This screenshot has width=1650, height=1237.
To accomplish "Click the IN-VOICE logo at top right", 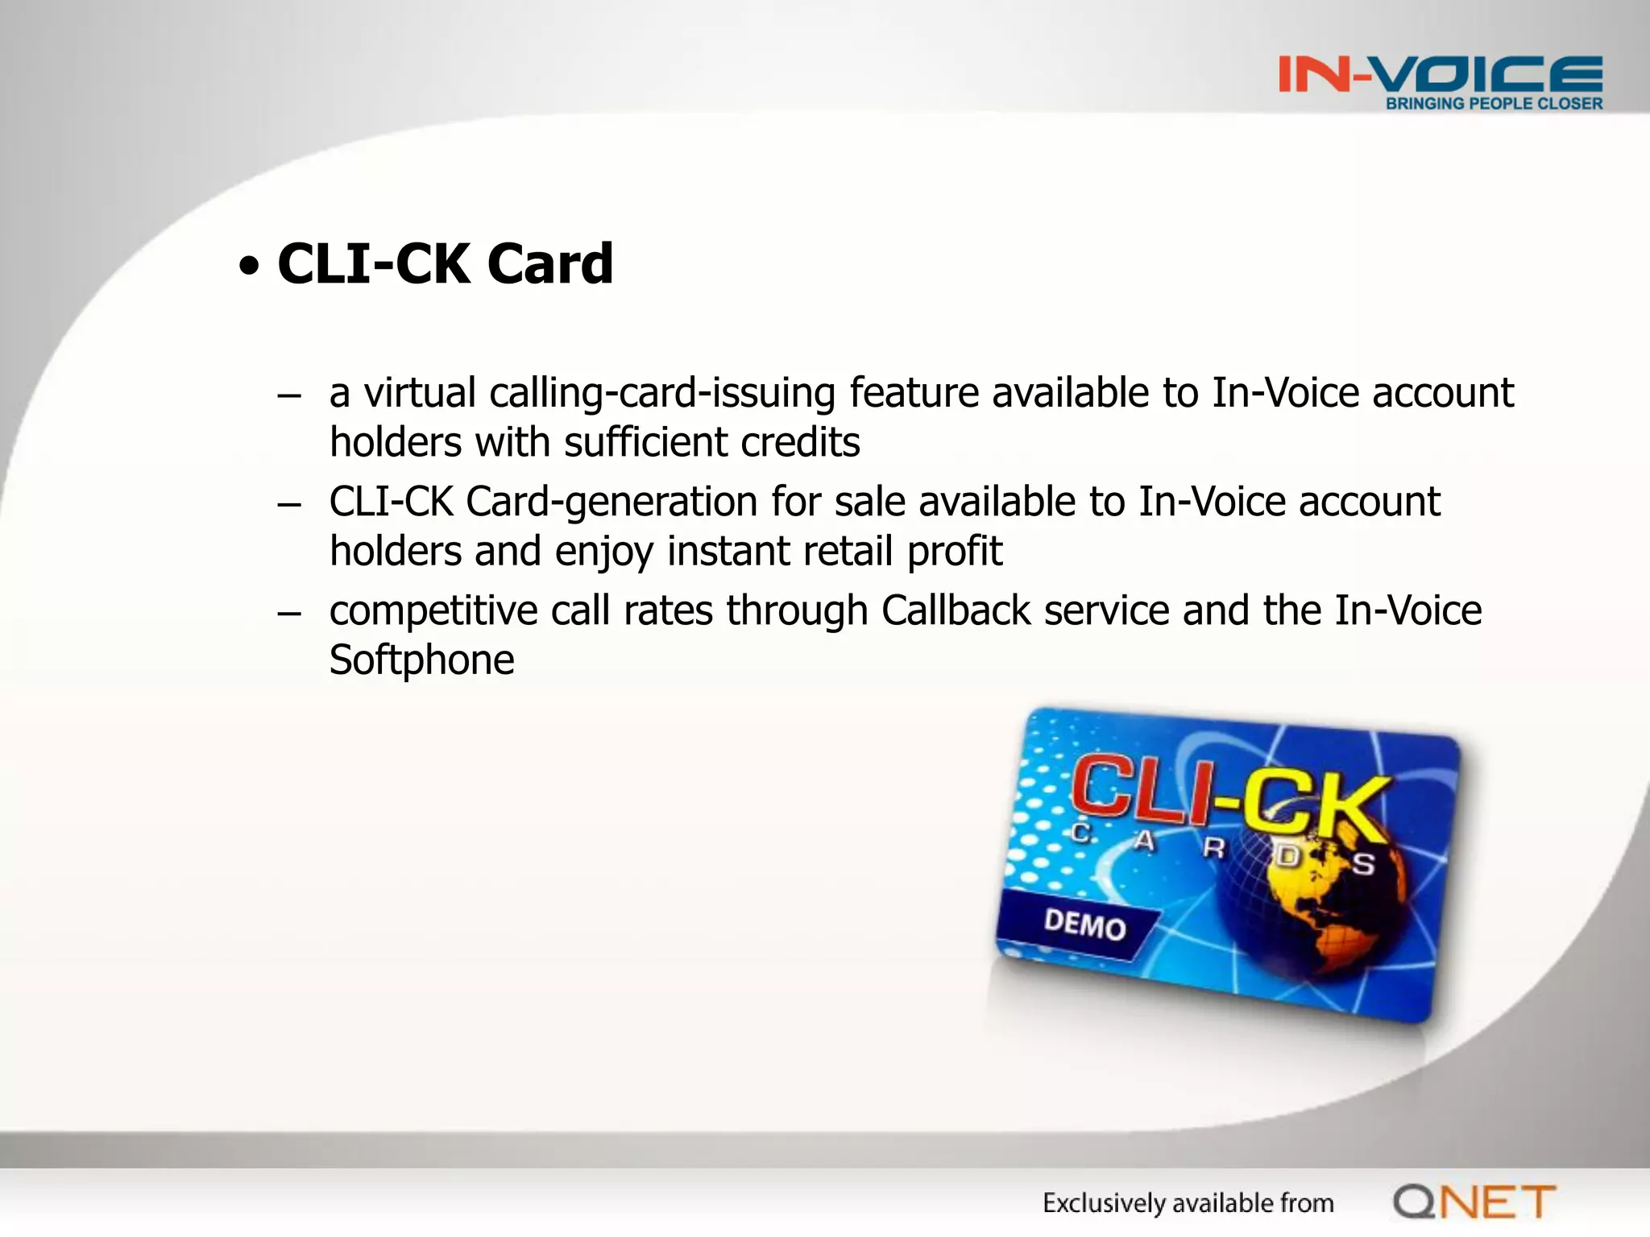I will pos(1440,74).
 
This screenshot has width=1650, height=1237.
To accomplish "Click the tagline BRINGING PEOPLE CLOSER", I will pos(1494,104).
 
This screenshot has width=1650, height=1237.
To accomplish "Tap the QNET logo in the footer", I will pos(1474,1202).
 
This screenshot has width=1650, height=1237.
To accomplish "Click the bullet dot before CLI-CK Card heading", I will pos(250,266).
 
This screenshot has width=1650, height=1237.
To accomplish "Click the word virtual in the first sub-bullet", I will pos(419,393).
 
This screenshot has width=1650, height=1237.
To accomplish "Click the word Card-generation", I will pos(611,502).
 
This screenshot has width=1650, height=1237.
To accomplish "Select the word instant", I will pos(728,552).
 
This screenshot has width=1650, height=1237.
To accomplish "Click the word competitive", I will pos(433,610).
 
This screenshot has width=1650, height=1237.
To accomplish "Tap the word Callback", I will pos(956,610).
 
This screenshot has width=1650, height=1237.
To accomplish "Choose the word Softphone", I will pos(421,660).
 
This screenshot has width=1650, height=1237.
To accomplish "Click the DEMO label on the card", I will pos(1084,925).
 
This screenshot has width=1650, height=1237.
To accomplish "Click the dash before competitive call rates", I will pos(288,614).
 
